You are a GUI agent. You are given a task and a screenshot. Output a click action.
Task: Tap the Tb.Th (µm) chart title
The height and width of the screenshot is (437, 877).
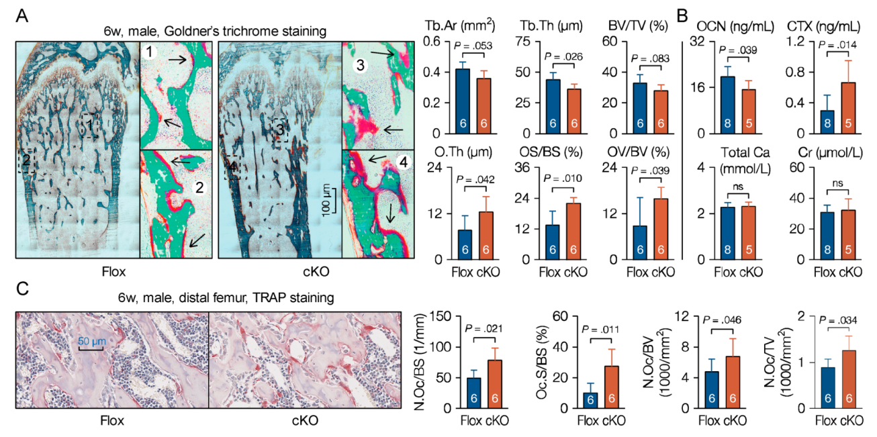[x=545, y=26]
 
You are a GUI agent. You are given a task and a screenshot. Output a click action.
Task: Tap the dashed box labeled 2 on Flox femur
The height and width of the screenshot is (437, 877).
[x=27, y=162]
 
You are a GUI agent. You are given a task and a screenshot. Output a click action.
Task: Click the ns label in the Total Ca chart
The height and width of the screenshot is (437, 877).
[x=737, y=190]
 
